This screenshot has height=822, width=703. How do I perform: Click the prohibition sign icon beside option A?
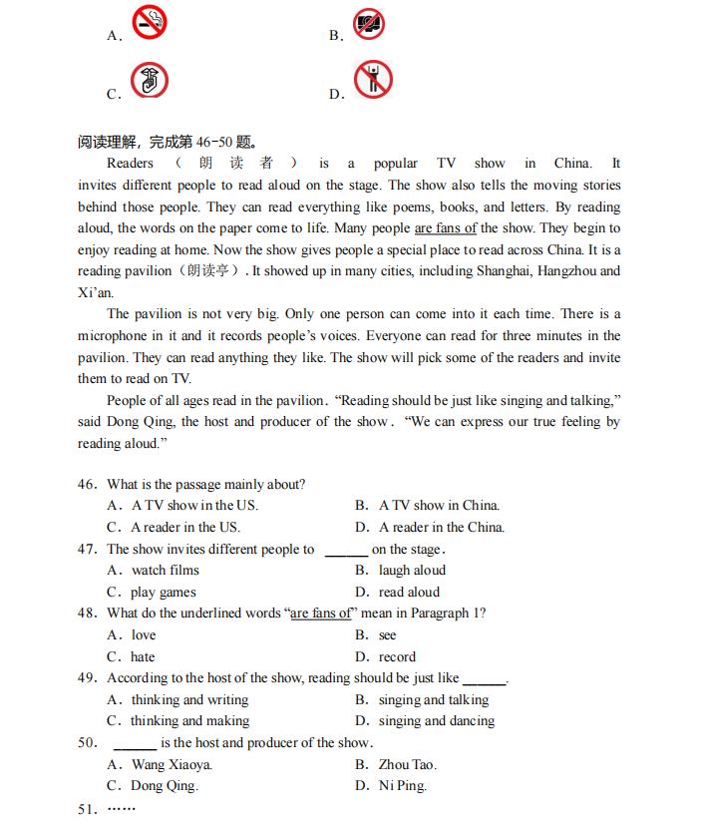click(151, 23)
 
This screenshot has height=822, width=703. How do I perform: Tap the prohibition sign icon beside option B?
click(368, 23)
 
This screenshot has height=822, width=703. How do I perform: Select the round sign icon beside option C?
click(151, 81)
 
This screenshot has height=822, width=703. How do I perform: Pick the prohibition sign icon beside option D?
click(374, 80)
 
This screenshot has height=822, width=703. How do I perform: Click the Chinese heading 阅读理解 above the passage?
click(111, 142)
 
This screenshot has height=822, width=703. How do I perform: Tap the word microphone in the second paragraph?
click(115, 336)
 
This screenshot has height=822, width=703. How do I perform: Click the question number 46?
click(87, 485)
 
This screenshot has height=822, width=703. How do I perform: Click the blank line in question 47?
click(346, 551)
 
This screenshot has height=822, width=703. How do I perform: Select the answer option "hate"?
click(144, 657)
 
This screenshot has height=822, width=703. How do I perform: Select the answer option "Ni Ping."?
click(402, 786)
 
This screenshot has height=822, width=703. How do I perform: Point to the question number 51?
click(87, 808)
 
